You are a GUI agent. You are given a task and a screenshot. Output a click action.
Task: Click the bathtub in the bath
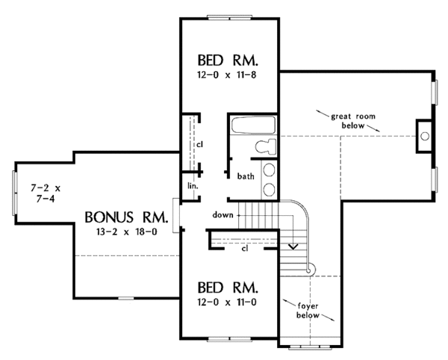coord(253,125)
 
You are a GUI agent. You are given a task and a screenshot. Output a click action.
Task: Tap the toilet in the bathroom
coord(266,146)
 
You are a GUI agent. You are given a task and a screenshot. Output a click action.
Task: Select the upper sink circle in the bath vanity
coord(269,170)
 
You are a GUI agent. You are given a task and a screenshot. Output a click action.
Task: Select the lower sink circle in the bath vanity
coord(269,190)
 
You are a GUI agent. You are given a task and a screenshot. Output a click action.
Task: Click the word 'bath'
coord(246,176)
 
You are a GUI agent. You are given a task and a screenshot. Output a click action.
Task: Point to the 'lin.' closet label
coord(193,186)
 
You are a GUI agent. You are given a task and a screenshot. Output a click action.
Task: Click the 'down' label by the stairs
coord(223,215)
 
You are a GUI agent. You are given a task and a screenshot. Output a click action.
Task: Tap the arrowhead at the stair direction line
coord(293,246)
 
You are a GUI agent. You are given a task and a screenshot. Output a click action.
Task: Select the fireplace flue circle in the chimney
coord(425,136)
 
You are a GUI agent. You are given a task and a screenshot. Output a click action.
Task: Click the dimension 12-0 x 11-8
coord(226,75)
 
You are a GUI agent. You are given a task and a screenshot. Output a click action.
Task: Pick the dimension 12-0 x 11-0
coord(226,302)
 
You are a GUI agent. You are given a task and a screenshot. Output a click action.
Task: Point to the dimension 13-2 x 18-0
coord(127,232)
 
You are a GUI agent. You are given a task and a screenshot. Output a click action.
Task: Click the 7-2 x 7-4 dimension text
coord(46,193)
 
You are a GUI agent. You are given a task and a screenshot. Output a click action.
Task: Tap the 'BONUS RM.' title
coord(125,217)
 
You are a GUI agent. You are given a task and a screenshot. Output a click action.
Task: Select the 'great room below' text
coord(353,121)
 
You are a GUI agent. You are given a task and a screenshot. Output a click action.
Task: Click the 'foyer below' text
coord(308,311)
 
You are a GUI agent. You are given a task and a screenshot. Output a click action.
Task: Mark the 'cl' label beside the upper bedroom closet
coord(199,145)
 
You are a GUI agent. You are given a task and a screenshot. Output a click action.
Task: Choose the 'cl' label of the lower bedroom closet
coord(245,249)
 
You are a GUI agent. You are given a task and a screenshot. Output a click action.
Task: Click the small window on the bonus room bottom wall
coord(126,298)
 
